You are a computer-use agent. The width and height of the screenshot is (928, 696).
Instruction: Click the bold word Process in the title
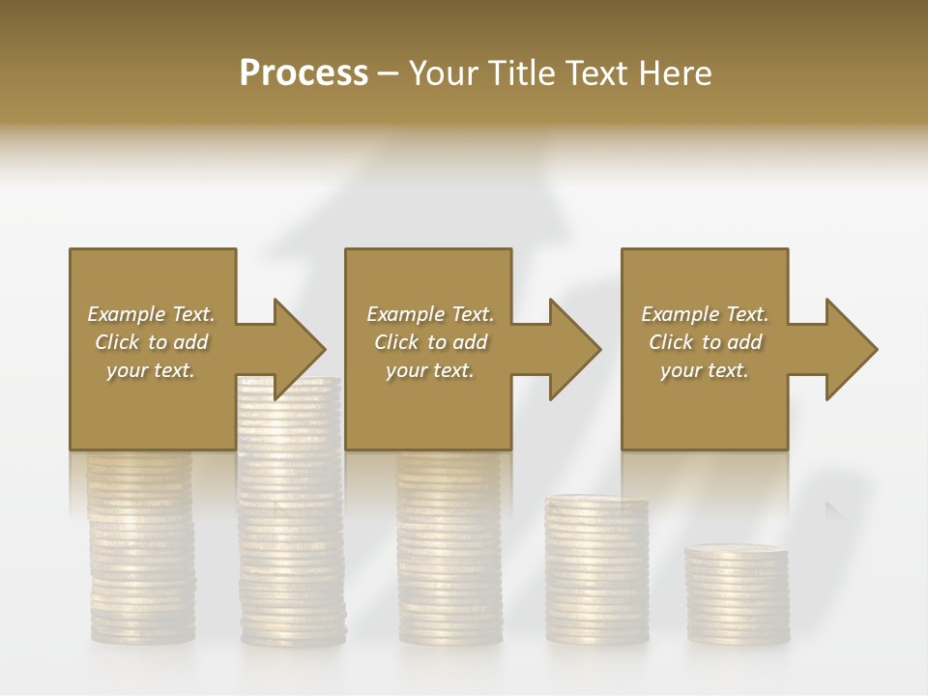[x=304, y=73]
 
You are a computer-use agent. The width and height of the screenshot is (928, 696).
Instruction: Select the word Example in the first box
[x=125, y=314]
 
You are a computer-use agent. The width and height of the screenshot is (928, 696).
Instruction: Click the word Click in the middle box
[x=396, y=342]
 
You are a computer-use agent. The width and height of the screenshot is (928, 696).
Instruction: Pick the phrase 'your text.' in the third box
[x=704, y=370]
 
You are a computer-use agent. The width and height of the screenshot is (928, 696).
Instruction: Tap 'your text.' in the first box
[x=151, y=370]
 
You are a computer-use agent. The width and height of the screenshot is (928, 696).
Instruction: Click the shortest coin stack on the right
[x=737, y=594]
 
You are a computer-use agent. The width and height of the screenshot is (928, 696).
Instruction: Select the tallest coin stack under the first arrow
[x=291, y=522]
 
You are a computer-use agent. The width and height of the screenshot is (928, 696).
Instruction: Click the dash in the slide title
[x=389, y=73]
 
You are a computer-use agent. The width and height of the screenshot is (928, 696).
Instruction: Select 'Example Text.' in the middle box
[x=430, y=314]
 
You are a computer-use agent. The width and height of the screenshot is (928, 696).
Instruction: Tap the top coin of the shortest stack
[x=737, y=550]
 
